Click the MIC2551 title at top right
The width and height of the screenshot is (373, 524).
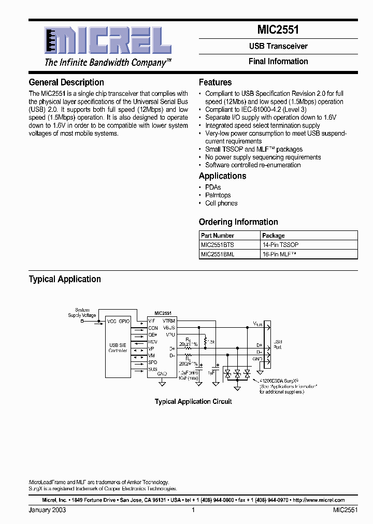pyautogui.click(x=278, y=31)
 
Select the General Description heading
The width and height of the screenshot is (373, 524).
pyautogui.click(x=66, y=82)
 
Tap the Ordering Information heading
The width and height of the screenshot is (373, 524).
pyautogui.click(x=238, y=222)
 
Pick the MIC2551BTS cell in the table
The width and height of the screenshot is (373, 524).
pyautogui.click(x=218, y=244)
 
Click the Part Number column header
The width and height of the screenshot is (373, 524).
pyautogui.click(x=217, y=235)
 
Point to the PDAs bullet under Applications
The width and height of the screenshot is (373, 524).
pyautogui.click(x=213, y=187)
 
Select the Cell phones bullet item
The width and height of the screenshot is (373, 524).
pyautogui.click(x=221, y=203)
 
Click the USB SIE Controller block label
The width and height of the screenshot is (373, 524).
pyautogui.click(x=118, y=347)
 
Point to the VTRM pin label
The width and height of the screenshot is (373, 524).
pyautogui.click(x=168, y=321)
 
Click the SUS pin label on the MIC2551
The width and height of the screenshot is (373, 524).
pyautogui.click(x=152, y=369)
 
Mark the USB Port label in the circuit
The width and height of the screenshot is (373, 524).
pyautogui.click(x=278, y=344)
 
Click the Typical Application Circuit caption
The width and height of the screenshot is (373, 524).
pyautogui.click(x=193, y=401)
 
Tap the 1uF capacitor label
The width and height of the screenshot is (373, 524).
pyautogui.click(x=211, y=372)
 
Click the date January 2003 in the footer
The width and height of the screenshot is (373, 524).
pyautogui.click(x=47, y=510)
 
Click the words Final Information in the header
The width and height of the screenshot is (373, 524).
pyautogui.click(x=278, y=61)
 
